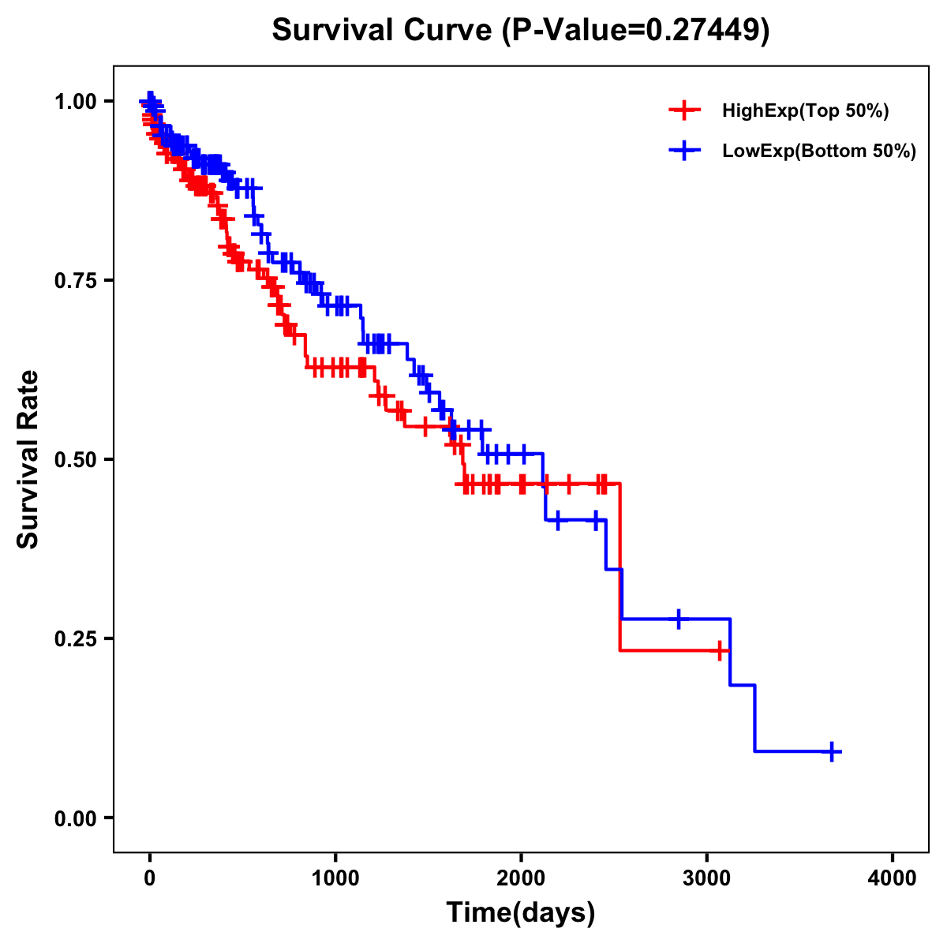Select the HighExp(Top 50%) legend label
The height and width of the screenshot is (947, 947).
[x=806, y=111]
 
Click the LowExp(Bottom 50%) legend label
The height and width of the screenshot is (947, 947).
[x=819, y=152]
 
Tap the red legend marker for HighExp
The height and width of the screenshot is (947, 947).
[x=684, y=111]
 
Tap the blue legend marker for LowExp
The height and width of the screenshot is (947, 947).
[x=684, y=151]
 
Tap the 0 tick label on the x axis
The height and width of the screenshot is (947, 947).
[x=150, y=878]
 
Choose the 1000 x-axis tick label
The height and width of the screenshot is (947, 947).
[x=335, y=878]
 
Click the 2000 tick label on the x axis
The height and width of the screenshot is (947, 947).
[x=521, y=878]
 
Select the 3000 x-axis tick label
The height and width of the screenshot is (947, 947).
[x=707, y=878]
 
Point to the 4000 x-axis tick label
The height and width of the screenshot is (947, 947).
[x=893, y=878]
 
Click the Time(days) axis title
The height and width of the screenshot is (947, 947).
[x=521, y=913]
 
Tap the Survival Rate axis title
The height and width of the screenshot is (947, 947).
[x=28, y=459]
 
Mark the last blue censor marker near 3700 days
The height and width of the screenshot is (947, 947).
[x=831, y=751]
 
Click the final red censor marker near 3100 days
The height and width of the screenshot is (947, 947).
[x=720, y=650]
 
